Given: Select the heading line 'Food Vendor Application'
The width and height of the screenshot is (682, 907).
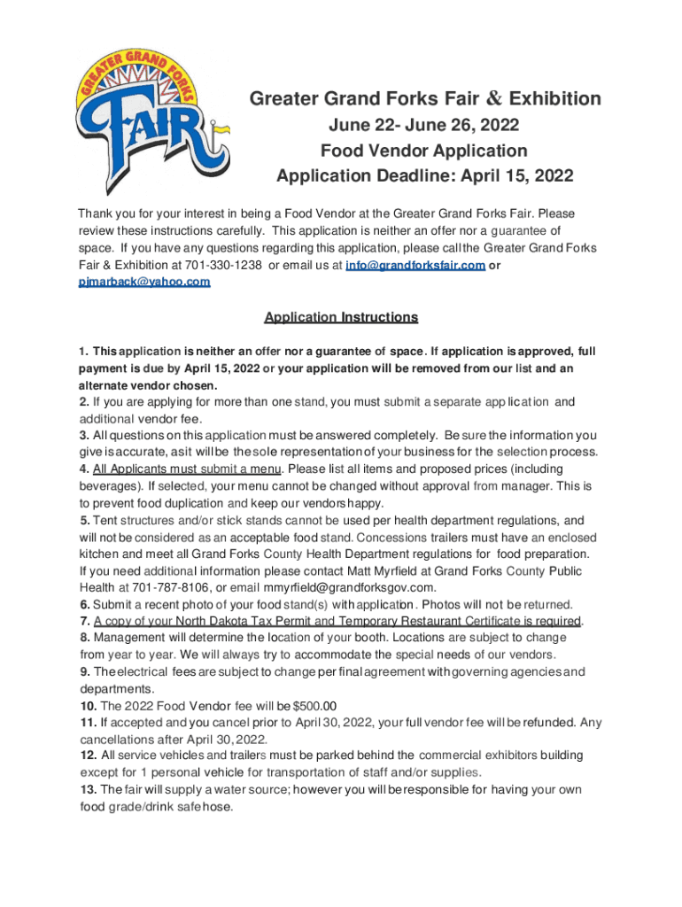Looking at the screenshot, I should tap(423, 151).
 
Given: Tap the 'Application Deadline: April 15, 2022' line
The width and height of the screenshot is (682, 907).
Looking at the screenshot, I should tap(424, 176).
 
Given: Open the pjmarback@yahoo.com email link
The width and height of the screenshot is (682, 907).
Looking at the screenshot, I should tap(144, 282).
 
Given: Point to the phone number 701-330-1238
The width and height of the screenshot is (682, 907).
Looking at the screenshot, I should tap(224, 266).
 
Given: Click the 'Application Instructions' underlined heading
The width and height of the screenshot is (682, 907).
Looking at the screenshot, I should tap(341, 317).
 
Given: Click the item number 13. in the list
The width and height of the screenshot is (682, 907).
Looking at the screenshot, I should tap(88, 789).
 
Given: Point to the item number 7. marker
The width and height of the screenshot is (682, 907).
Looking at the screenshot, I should tap(84, 620).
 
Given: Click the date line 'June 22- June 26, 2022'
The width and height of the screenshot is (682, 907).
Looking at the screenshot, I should tap(423, 125).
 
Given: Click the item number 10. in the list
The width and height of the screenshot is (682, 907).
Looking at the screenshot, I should tap(88, 706).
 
